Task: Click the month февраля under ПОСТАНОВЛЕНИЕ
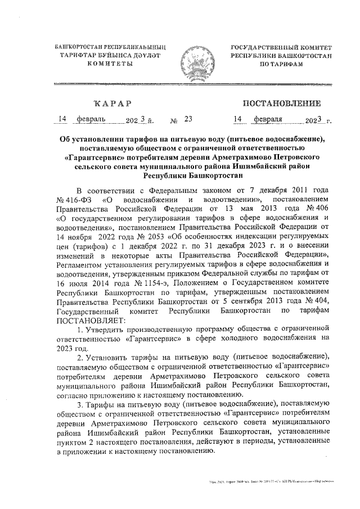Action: [268, 119]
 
